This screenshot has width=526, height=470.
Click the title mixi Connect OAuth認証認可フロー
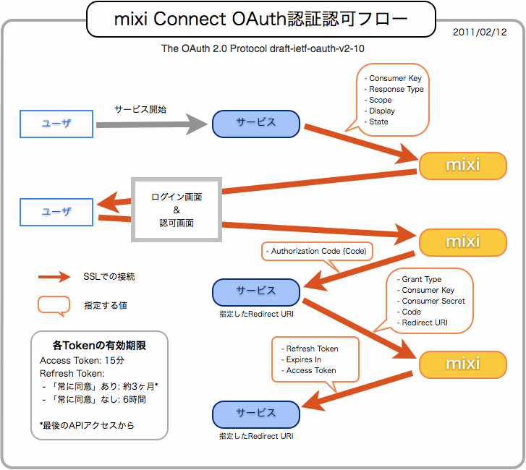click(260, 19)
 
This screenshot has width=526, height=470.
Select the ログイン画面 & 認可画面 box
click(177, 210)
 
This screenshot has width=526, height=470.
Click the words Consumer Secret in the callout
click(433, 301)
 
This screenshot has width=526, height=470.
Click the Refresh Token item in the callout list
click(312, 349)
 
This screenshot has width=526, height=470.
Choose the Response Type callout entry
click(396, 89)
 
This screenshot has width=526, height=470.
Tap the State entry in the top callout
click(378, 121)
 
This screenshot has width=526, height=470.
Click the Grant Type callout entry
click(421, 279)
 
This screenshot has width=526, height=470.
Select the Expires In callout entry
click(303, 359)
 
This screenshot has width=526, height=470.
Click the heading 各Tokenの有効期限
click(99, 345)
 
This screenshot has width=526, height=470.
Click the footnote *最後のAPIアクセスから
click(87, 425)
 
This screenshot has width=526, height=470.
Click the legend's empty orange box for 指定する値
click(54, 305)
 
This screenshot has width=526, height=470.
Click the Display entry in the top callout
click(382, 111)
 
